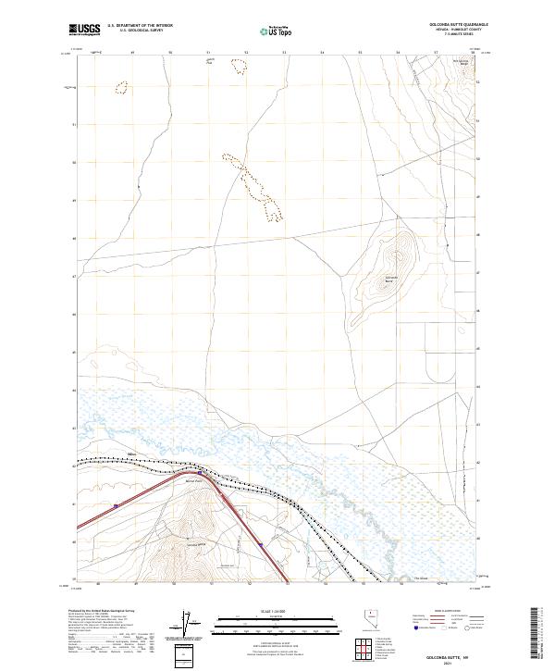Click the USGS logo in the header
tap(84, 31)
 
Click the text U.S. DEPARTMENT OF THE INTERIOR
tap(140, 25)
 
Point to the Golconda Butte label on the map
tap(391, 279)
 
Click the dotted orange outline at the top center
tap(240, 66)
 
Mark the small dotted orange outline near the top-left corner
tap(120, 88)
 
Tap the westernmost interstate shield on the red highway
tap(117, 505)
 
